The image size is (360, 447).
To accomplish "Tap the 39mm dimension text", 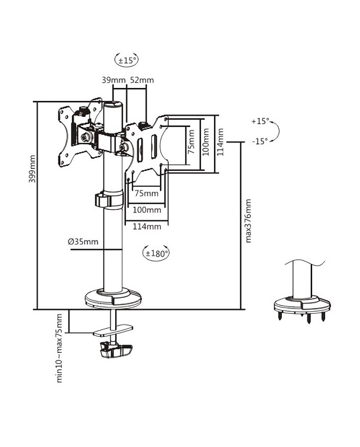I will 113,80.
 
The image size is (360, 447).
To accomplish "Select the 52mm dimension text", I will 141,80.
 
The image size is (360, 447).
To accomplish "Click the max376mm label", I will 248,221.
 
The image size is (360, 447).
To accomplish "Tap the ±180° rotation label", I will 156,253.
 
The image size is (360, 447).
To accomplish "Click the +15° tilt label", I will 260,122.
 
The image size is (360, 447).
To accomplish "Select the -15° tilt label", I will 260,141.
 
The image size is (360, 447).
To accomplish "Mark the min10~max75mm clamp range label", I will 60,347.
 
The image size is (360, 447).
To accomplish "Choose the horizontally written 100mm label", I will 147,210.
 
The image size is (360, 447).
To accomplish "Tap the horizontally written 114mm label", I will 147,226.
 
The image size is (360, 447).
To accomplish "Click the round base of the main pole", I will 113,298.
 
